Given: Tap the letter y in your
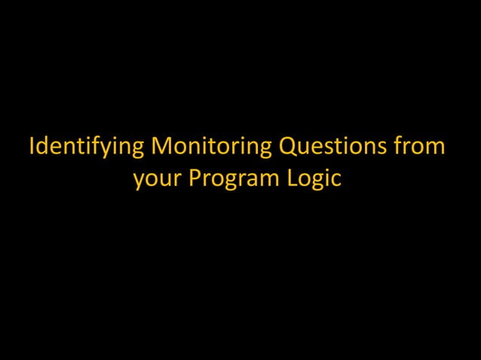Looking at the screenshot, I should [139, 183].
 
